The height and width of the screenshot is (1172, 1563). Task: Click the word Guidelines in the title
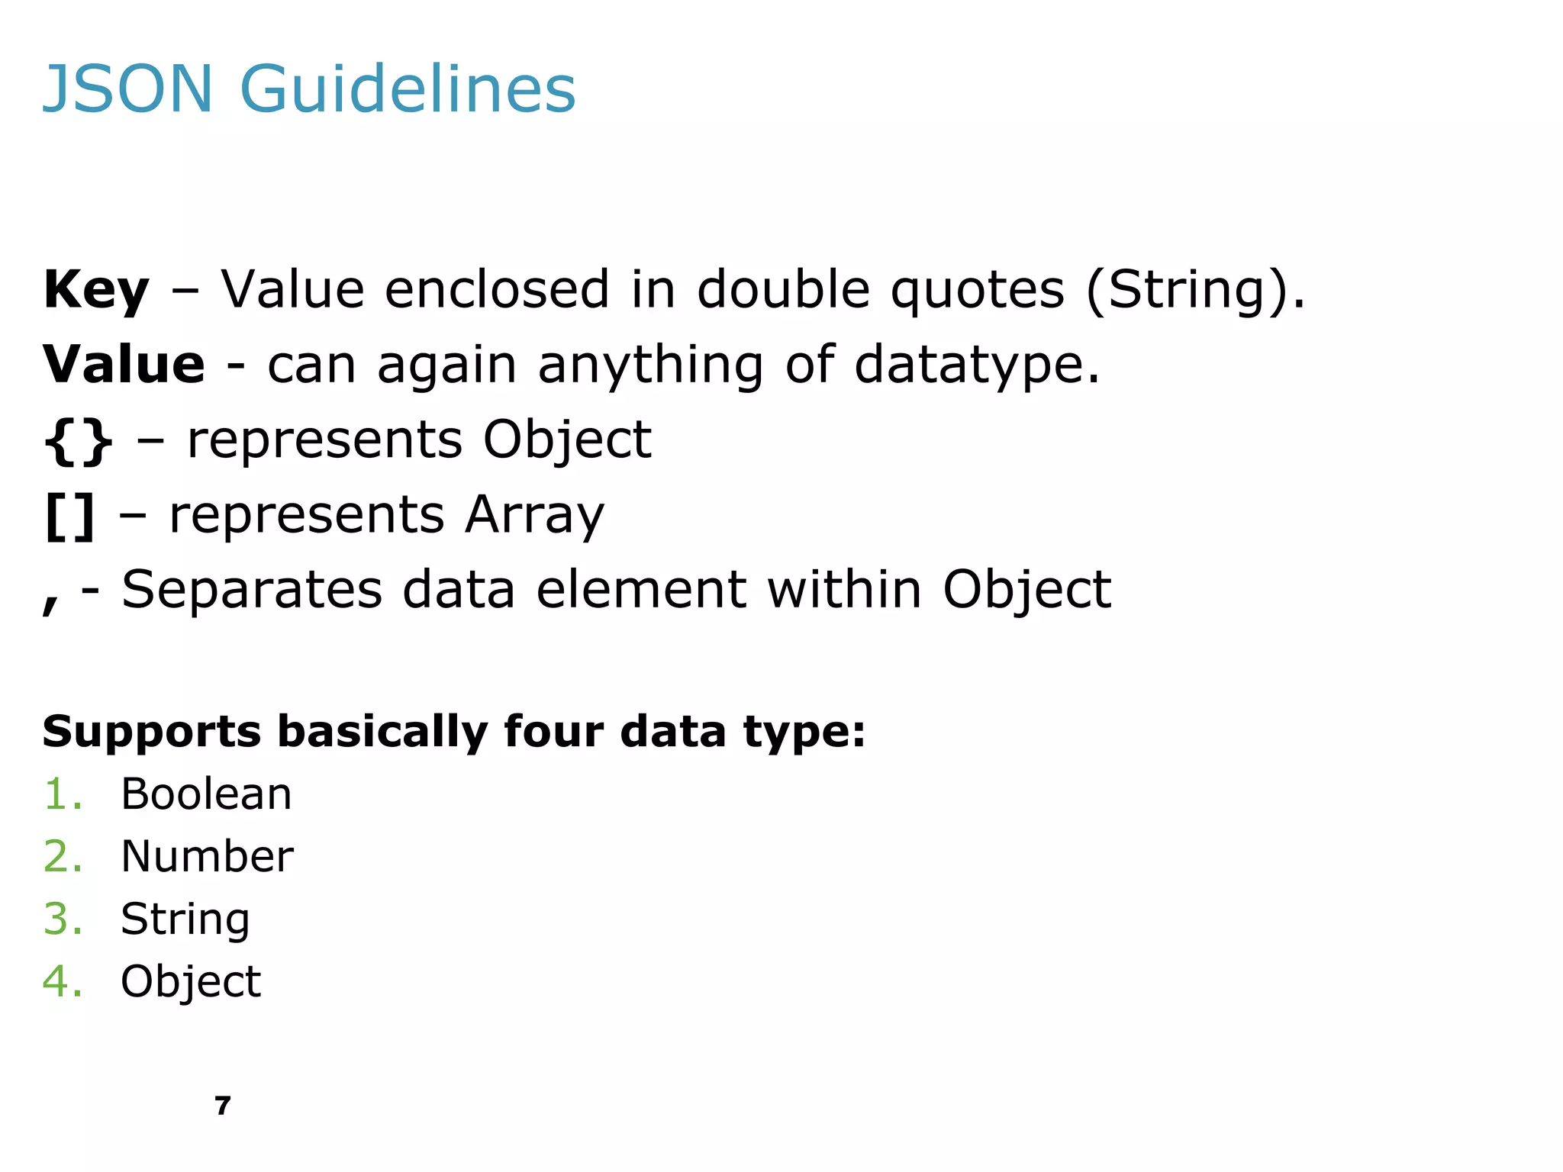[x=408, y=89]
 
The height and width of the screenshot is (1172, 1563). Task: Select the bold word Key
[x=96, y=291]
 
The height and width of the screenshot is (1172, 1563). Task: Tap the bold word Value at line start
[x=124, y=365]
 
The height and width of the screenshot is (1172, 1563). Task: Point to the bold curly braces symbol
[x=79, y=441]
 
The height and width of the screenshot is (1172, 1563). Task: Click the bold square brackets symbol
[x=70, y=516]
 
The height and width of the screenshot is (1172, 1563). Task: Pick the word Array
[x=534, y=516]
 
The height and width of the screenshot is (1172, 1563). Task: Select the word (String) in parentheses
[x=1185, y=291]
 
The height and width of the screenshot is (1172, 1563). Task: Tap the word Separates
[x=252, y=590]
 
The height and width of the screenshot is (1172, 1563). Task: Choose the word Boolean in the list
[x=206, y=794]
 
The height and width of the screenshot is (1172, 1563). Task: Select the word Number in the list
[x=207, y=856]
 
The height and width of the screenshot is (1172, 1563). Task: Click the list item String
[x=185, y=919]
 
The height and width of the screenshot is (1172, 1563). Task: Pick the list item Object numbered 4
[x=191, y=981]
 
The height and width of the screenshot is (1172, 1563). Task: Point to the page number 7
[x=222, y=1106]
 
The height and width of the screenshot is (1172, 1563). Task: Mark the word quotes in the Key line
[x=978, y=291]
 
